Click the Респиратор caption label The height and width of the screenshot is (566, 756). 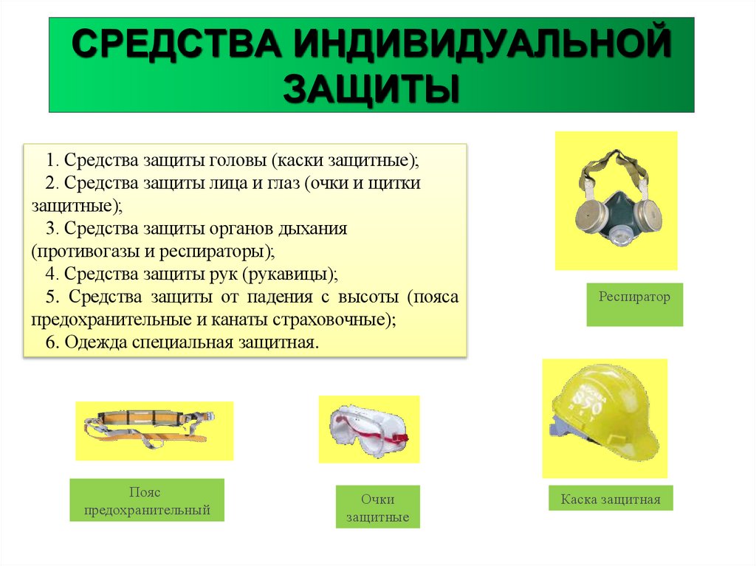pos(634,297)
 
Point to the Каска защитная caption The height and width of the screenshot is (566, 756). pos(610,500)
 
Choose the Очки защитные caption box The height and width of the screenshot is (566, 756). pos(377,508)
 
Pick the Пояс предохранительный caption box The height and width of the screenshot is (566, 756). pos(147,501)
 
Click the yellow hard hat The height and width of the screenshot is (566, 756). pos(605,415)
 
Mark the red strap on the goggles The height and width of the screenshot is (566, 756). pos(399,438)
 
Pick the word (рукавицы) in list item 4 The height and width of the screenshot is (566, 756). pos(293,274)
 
